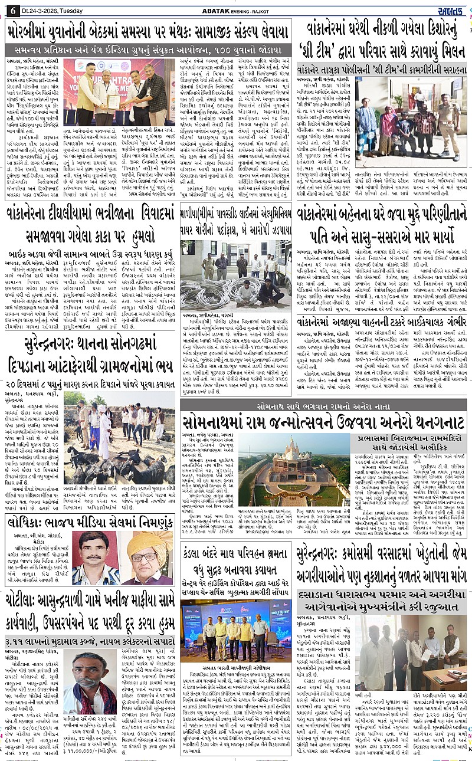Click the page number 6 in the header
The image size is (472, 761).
11,9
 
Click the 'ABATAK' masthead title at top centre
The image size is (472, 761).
234,9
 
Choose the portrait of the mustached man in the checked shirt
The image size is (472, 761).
96,557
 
